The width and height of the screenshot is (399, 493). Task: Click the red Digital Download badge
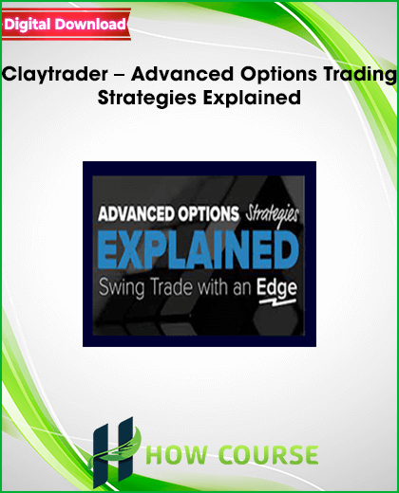point(66,25)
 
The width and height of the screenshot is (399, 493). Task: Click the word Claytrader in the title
point(55,74)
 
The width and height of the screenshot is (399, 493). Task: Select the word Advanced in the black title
point(182,74)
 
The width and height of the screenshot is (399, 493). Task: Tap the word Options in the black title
point(278,74)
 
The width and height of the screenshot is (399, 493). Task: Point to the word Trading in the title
point(360,74)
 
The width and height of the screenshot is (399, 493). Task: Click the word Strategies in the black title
point(147,98)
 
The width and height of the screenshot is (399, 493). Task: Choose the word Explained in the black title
point(252,98)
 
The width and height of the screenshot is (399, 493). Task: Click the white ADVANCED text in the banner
point(137,214)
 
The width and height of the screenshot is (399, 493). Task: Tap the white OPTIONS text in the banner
point(208,214)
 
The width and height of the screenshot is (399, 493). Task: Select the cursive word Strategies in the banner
point(272,216)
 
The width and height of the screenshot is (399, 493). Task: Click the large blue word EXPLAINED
point(199,250)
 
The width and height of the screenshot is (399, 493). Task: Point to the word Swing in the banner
point(122,288)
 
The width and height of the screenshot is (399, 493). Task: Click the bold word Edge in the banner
point(276,288)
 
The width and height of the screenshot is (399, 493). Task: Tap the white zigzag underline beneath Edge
point(277,302)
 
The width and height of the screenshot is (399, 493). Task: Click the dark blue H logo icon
point(114,452)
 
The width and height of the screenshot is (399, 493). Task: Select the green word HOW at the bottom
point(177,454)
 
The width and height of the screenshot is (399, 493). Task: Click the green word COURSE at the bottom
point(268,454)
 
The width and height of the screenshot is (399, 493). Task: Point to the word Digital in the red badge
point(28,25)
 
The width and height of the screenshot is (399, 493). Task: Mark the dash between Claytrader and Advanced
point(120,76)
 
